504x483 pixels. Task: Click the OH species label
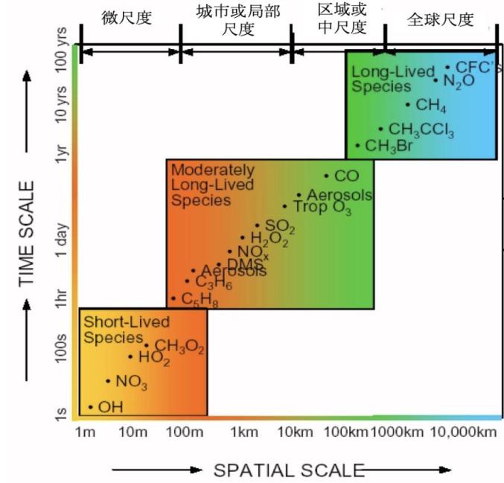tap(110, 407)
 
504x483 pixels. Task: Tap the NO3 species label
tap(131, 383)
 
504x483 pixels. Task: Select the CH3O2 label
tap(179, 346)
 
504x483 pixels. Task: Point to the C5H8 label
tap(199, 300)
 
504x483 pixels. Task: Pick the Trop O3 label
tap(322, 207)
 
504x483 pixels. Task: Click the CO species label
tap(347, 176)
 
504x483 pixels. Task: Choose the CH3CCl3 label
tap(421, 130)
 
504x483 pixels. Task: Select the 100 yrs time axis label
tap(63, 53)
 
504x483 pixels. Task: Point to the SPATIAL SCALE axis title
tap(289, 470)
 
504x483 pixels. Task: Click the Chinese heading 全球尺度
tap(440, 20)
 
